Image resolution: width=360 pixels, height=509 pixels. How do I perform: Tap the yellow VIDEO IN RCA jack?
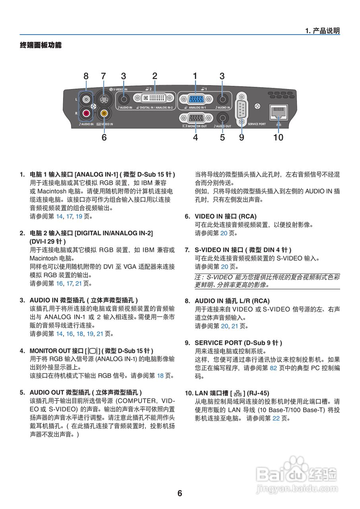104,113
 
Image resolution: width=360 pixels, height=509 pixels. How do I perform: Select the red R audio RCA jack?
86,113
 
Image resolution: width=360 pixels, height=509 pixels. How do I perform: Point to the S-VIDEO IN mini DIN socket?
104,99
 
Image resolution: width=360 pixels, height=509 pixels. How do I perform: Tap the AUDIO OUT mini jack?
222,118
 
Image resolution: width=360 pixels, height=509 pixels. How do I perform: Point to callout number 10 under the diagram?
278,137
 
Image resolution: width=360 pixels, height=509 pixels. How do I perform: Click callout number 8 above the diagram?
86,76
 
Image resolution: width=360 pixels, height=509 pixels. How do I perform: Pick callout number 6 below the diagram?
104,137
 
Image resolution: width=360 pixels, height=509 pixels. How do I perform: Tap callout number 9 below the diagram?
242,137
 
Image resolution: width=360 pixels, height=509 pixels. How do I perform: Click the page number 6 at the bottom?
180,493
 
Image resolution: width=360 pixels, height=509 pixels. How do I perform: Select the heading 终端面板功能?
41,45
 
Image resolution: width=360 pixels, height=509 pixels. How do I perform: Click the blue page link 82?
273,368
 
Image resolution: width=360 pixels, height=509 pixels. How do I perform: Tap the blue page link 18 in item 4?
160,375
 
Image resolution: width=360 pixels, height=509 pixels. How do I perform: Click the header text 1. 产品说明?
322,31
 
